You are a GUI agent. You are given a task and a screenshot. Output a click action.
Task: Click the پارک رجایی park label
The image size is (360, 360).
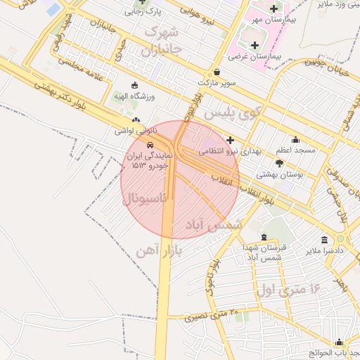pos(143,12)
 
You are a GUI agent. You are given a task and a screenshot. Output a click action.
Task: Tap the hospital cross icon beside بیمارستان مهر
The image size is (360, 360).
pos(274,8)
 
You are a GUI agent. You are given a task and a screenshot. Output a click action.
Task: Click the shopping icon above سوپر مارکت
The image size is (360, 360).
pos(217,72)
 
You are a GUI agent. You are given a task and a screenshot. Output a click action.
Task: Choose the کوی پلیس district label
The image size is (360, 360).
pos(231,111)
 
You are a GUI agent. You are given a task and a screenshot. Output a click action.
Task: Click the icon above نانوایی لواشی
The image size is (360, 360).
pos(136,120)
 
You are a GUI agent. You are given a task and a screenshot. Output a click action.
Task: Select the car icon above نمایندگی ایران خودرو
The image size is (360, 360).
pos(141,146)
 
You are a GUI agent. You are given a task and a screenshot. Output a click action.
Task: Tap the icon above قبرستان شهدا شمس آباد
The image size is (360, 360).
pos(264,237)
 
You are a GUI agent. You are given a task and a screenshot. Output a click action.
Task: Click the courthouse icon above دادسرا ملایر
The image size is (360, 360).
pos(323,239)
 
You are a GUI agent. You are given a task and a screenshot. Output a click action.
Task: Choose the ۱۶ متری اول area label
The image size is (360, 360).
pos(288,289)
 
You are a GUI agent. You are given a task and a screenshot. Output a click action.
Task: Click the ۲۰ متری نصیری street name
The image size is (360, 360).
pos(212,315)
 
